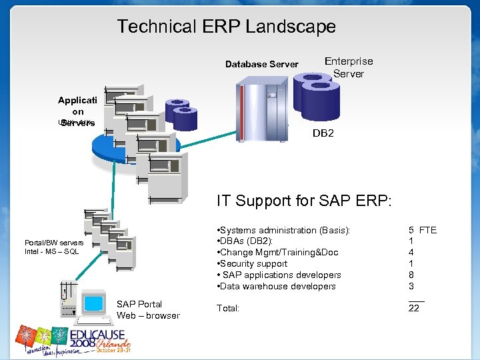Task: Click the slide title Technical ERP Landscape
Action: pos(226,27)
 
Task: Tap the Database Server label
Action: pos(261,65)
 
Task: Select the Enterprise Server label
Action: pos(349,67)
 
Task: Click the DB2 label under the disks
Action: pos(323,133)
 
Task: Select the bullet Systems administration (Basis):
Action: pos(284,230)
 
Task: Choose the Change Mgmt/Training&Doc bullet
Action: pos(278,253)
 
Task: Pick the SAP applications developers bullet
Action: pos(279,275)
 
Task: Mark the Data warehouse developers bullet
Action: pos(276,286)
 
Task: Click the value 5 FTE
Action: pos(422,230)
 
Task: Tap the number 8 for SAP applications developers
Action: pos(411,275)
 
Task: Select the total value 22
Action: pos(414,309)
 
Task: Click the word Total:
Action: pos(228,309)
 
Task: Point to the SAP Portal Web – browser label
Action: pos(148,310)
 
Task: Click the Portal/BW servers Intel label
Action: pos(54,247)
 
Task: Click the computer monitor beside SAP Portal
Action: pos(91,304)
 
